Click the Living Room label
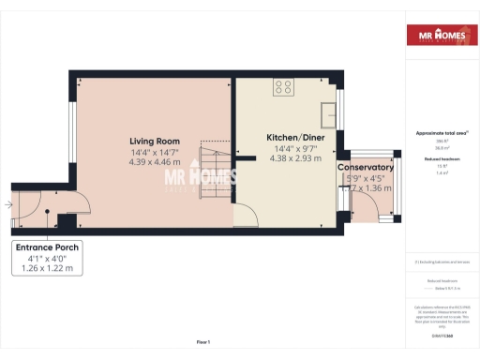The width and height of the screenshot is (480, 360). [154, 142]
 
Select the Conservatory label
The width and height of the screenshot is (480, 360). [365, 168]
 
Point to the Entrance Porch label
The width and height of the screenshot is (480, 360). [47, 248]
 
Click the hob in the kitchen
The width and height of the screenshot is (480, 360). [282, 88]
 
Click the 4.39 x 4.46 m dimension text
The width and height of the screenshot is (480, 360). [155, 161]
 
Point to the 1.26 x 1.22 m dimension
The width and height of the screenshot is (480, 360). [47, 269]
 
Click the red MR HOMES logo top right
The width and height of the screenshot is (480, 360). [438, 37]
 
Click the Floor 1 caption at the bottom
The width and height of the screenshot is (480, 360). [203, 341]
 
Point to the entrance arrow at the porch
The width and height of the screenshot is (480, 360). [9, 202]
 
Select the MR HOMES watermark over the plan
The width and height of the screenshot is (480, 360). [199, 178]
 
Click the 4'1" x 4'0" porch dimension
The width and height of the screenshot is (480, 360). [47, 259]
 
